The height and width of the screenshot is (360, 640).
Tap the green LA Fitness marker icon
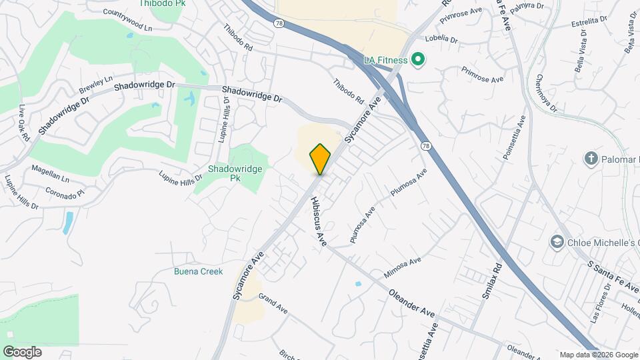[x=419, y=61]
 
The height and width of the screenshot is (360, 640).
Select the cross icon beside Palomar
[x=590, y=159]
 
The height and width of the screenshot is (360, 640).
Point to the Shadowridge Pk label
[x=235, y=173]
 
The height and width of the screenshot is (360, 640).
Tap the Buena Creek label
[x=196, y=271]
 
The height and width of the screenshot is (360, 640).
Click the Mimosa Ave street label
[x=403, y=268]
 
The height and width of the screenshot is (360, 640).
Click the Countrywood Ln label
[x=128, y=20]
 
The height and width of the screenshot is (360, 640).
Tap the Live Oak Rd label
[x=24, y=122]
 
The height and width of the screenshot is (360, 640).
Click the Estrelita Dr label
[x=590, y=24]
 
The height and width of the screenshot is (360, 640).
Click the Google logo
[x=22, y=351]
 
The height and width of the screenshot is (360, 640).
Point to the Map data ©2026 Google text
[x=598, y=355]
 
